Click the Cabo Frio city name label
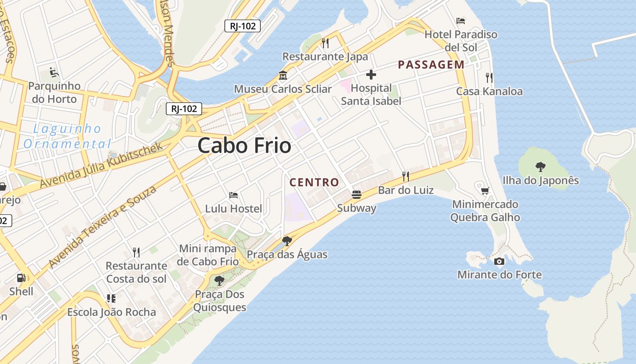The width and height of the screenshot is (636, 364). pyautogui.click(x=244, y=146)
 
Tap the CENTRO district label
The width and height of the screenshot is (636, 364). pyautogui.click(x=314, y=182)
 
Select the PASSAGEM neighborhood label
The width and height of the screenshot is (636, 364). pyautogui.click(x=431, y=65)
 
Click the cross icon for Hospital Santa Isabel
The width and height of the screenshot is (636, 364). pyautogui.click(x=371, y=75)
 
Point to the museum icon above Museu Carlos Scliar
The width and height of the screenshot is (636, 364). pyautogui.click(x=283, y=76)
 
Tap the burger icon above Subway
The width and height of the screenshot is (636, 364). pyautogui.click(x=357, y=195)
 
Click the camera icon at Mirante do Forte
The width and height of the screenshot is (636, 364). pyautogui.click(x=499, y=261)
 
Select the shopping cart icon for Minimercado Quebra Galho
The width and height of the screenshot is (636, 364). pyautogui.click(x=485, y=190)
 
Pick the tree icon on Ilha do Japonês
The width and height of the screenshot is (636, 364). pyautogui.click(x=540, y=167)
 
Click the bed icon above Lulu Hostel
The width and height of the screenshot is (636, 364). pyautogui.click(x=234, y=195)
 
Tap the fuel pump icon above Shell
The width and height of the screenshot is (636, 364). pyautogui.click(x=21, y=277)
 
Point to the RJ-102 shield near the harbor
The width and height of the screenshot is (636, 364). pyautogui.click(x=243, y=26)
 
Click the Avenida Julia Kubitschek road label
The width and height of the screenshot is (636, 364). pyautogui.click(x=101, y=165)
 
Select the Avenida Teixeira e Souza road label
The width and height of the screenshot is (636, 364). pyautogui.click(x=102, y=226)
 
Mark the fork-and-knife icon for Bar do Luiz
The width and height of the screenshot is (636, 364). pyautogui.click(x=405, y=176)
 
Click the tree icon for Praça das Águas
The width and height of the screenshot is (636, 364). pyautogui.click(x=287, y=241)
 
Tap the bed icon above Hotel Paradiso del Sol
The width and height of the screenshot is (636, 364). pyautogui.click(x=461, y=20)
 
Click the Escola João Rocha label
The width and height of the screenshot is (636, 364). pyautogui.click(x=112, y=312)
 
